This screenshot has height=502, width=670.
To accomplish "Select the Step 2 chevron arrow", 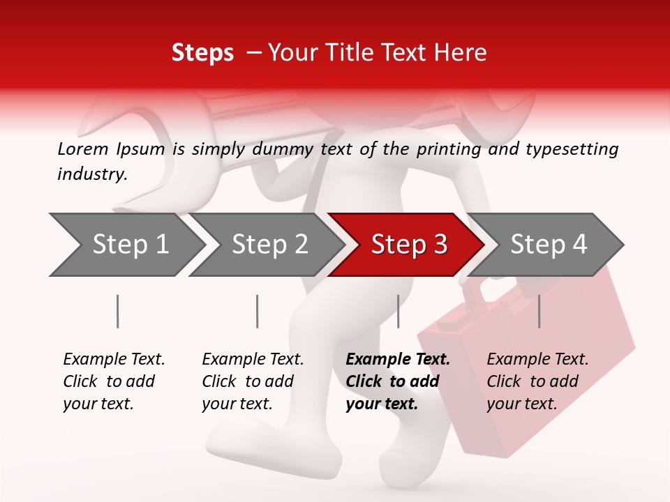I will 269,245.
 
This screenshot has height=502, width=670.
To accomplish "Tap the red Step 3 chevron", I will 408,245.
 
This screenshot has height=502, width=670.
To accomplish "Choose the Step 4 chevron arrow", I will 548,245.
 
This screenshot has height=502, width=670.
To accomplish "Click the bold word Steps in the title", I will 202,53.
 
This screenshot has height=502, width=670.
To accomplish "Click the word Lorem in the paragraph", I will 83,149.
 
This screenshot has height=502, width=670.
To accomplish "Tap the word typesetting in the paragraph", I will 572,149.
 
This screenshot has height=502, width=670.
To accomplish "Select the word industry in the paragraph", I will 91,174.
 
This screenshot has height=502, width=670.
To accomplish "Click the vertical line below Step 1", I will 118,311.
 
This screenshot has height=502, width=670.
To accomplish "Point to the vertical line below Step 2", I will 258,311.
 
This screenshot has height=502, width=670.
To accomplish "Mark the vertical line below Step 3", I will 398,311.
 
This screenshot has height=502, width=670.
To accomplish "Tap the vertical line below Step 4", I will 539,311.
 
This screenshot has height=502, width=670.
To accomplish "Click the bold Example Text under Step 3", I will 398,360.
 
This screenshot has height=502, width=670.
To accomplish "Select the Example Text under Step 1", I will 114,360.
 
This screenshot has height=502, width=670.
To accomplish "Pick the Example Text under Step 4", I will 537,360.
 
